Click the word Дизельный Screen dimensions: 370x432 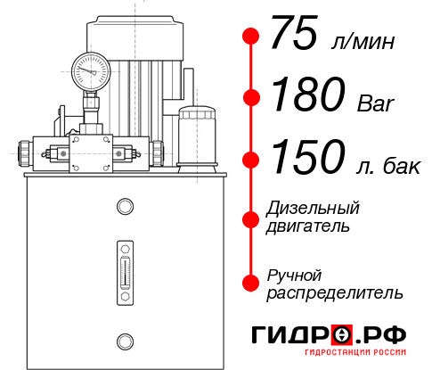coord(313,209)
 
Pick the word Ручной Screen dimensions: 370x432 coord(294,274)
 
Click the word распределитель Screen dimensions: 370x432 coord(335,292)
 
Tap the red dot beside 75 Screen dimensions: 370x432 coord(251,37)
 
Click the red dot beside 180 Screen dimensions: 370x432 coord(251,97)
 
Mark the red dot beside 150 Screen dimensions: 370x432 coord(251,160)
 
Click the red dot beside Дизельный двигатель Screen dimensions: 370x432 coord(251,218)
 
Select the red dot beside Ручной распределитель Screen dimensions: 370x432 coord(251,283)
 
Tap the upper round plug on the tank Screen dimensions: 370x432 coord(125,208)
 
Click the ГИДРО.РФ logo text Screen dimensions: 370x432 coord(330,335)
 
